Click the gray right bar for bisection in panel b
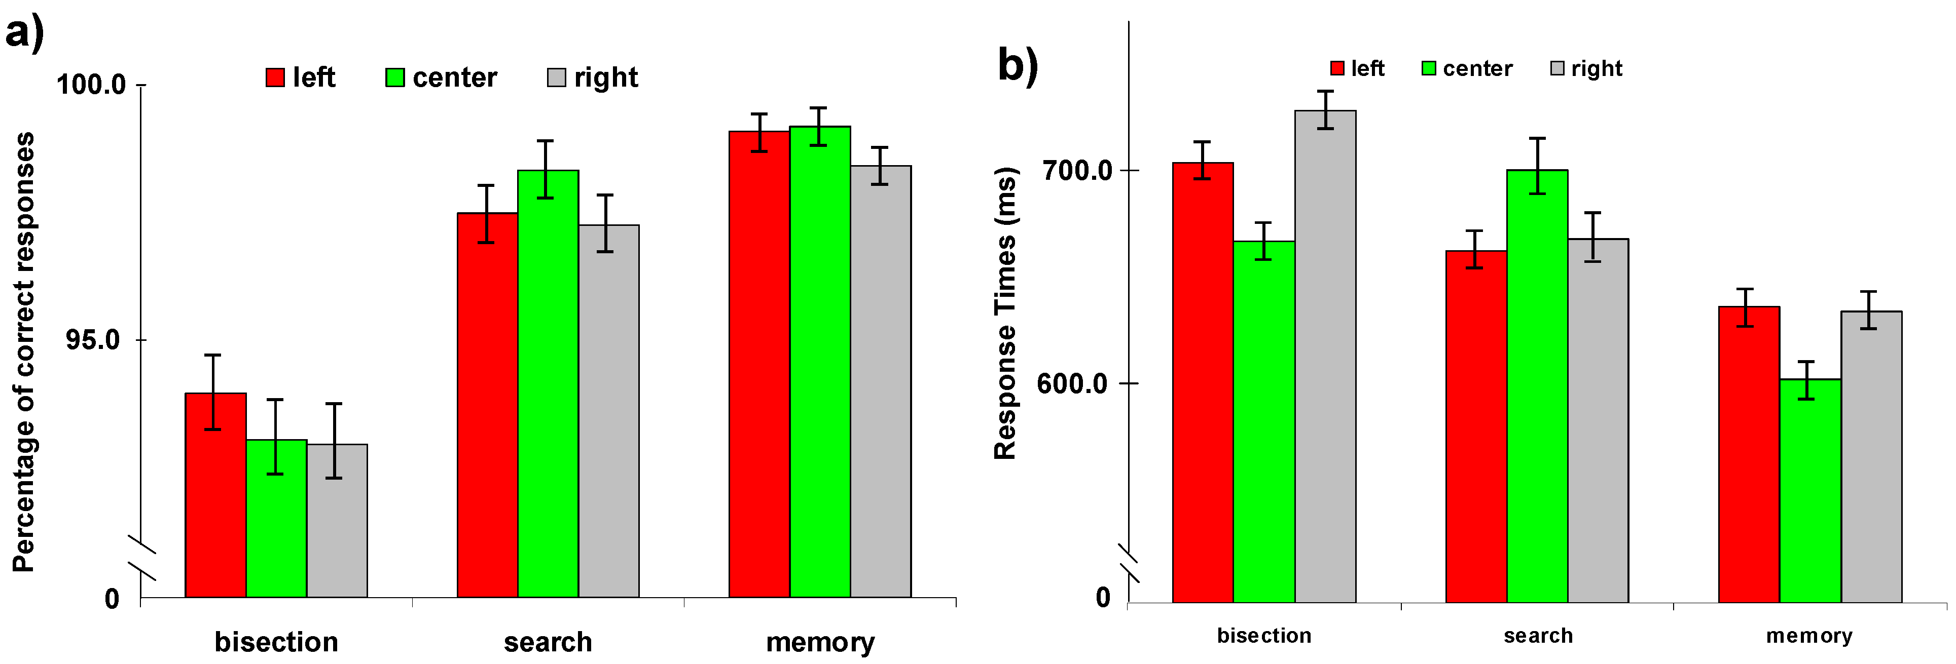(1325, 357)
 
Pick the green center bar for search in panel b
(1537, 387)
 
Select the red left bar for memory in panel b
(1749, 455)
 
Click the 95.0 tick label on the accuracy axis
(93, 340)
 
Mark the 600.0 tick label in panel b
(1073, 383)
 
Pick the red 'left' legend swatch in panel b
(1337, 68)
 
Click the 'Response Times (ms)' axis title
(1005, 313)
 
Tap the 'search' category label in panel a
(548, 642)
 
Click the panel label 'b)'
(1017, 65)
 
